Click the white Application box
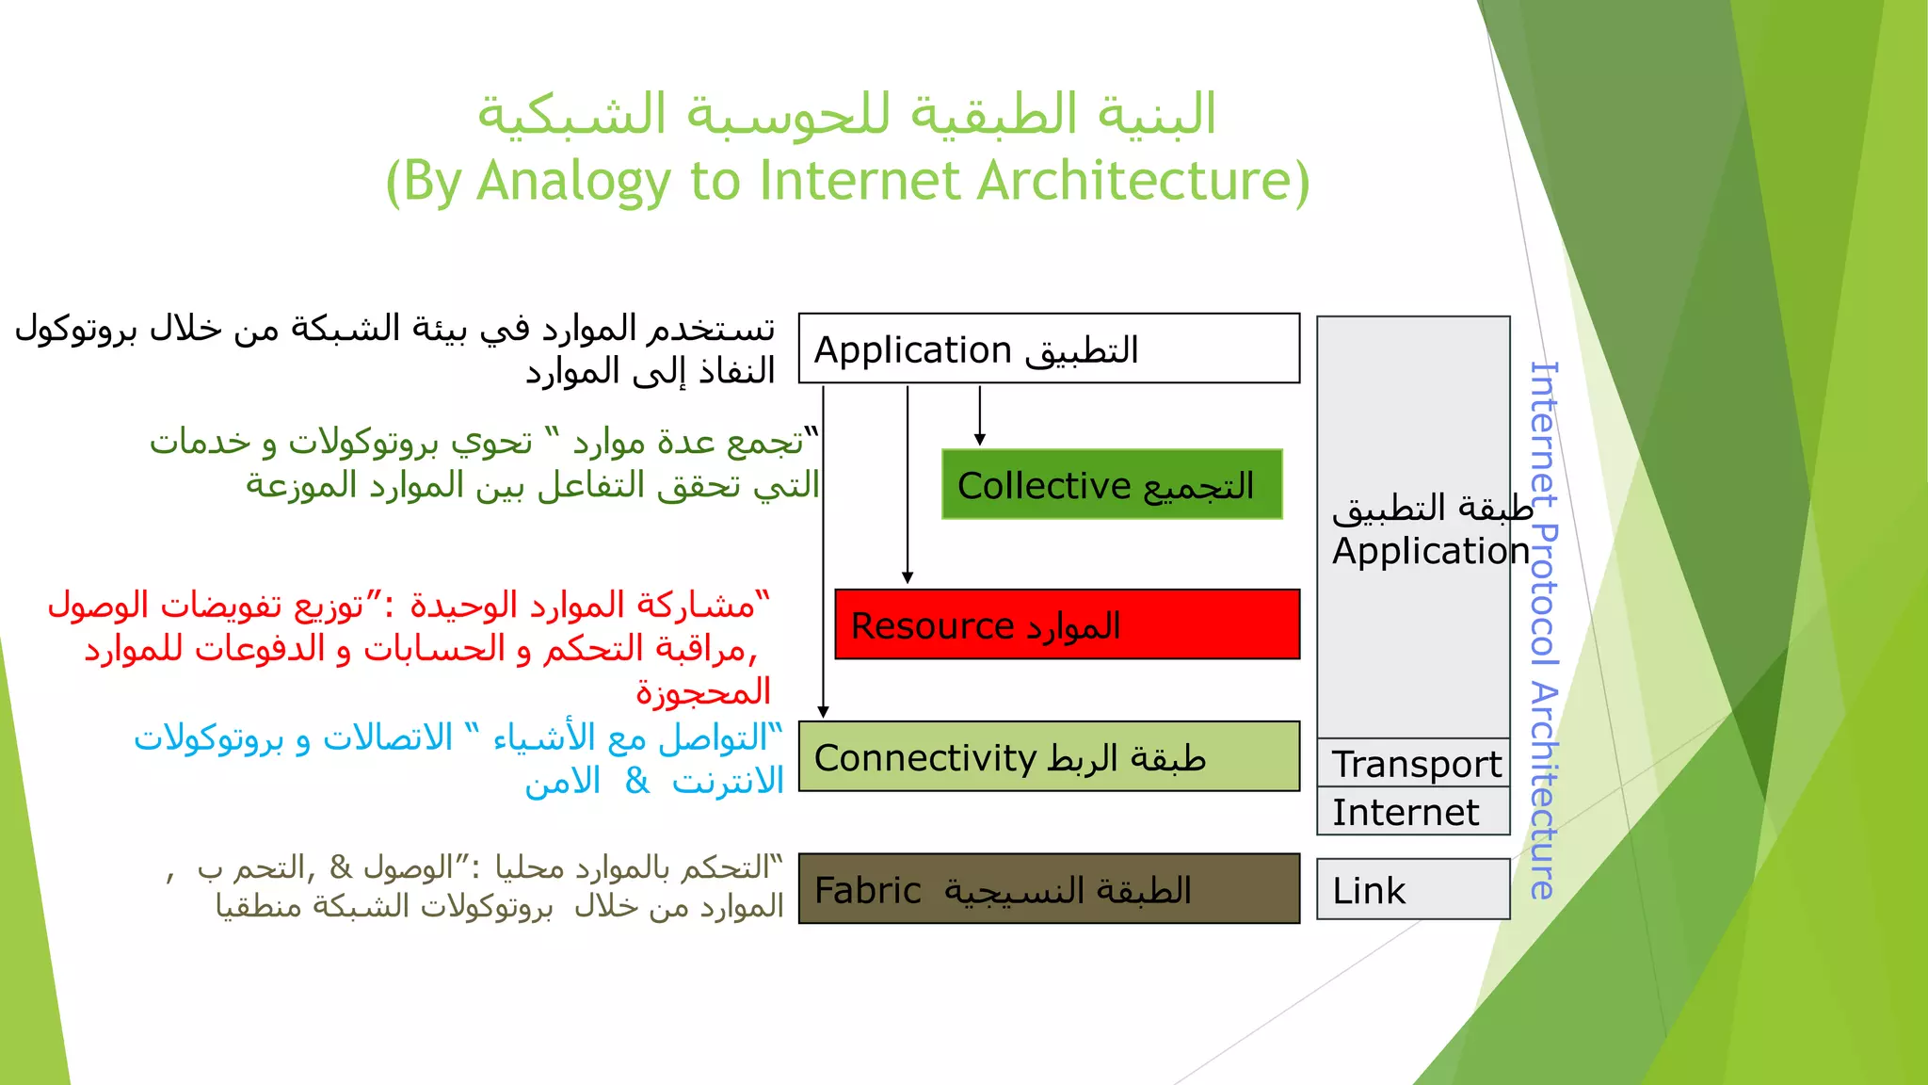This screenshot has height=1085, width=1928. tap(1049, 348)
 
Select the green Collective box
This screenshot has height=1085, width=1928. tap(1112, 484)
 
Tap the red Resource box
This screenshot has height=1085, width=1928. tap(1067, 624)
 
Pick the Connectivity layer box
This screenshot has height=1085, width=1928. tap(1049, 756)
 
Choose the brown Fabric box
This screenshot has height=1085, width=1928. tap(1049, 889)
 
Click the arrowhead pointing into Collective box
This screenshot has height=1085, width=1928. tap(980, 439)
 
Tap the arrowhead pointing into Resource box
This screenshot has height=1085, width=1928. tap(908, 577)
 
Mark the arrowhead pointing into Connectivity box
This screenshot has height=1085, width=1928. tap(824, 712)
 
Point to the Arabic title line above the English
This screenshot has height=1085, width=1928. tap(847, 115)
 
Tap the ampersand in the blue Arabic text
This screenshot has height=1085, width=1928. tap(637, 780)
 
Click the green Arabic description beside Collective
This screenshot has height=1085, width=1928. tap(485, 462)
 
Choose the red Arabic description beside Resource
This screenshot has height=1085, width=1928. tap(414, 648)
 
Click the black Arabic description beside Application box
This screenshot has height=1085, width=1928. tap(395, 349)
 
